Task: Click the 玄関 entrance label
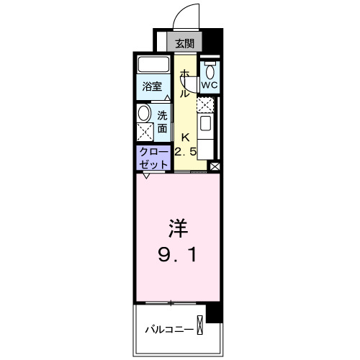(x=184, y=42)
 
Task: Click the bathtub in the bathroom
(x=153, y=63)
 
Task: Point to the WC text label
(x=209, y=85)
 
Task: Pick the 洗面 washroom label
(x=163, y=122)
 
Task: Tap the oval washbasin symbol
(x=144, y=113)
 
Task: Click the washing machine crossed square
(x=145, y=133)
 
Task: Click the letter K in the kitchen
(x=185, y=137)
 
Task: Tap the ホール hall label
(x=184, y=84)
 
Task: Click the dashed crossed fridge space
(x=205, y=105)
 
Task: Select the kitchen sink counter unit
(x=205, y=134)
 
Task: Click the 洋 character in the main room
(x=178, y=230)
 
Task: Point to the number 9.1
(x=178, y=254)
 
